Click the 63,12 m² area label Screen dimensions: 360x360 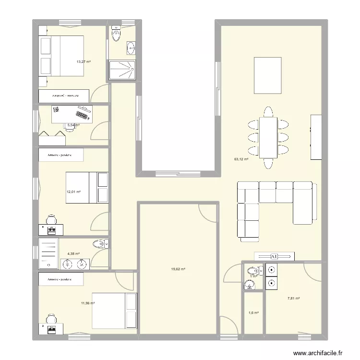(240, 159)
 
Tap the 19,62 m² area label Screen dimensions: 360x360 (178, 269)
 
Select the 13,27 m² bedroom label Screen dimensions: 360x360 (84, 61)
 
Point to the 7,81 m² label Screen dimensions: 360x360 (293, 298)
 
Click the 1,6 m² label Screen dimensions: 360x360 (253, 313)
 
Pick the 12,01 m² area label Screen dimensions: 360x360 (73, 192)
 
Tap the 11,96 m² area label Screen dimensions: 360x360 (88, 303)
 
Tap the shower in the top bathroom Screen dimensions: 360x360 (122, 69)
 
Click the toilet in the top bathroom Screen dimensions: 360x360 (116, 34)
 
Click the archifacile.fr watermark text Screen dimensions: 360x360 (318, 353)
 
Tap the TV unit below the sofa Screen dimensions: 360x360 (274, 256)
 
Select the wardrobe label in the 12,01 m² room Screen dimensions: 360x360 (61, 155)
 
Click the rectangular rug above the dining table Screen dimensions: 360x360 (267, 75)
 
